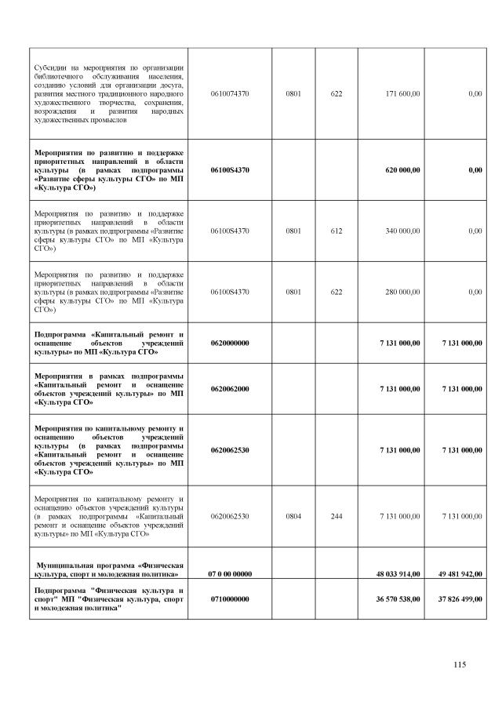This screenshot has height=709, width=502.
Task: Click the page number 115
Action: tap(460, 665)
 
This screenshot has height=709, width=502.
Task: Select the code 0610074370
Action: tap(230, 93)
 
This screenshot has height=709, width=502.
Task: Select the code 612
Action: tap(336, 231)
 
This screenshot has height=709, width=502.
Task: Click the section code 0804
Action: tap(293, 516)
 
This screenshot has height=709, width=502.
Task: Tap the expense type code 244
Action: tap(336, 516)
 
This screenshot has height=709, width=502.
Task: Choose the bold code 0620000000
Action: tap(230, 343)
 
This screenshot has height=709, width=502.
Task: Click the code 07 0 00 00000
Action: tap(230, 574)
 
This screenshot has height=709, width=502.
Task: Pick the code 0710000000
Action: tap(230, 599)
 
